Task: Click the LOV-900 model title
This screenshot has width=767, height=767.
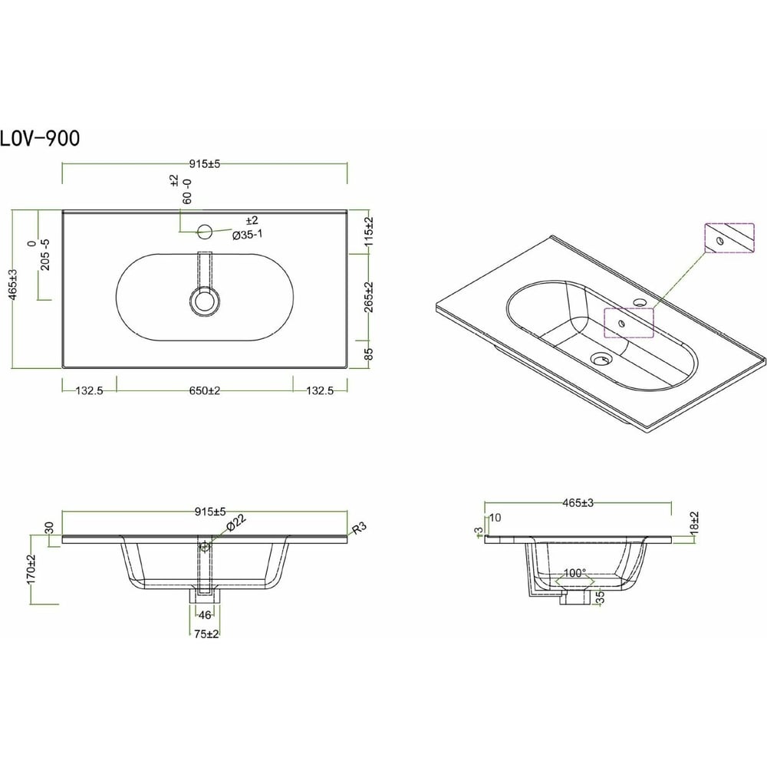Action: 40,138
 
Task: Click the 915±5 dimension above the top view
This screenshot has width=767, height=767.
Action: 205,164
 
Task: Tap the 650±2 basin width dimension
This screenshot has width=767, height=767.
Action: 205,391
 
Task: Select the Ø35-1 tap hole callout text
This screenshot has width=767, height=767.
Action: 248,235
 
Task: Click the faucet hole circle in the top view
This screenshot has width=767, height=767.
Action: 205,232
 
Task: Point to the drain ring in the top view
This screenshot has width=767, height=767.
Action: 205,301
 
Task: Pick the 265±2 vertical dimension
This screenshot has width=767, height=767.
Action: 370,297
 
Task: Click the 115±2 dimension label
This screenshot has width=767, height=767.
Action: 370,232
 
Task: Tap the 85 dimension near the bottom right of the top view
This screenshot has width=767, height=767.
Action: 370,354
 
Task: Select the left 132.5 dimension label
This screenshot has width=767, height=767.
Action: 90,391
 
